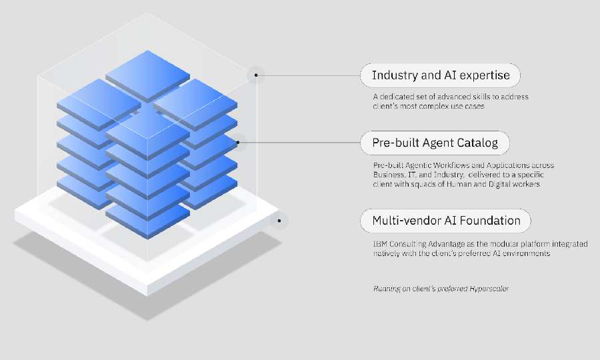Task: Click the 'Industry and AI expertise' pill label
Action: (x=440, y=75)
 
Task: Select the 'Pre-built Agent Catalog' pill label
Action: (x=435, y=143)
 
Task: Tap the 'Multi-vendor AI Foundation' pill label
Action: (x=445, y=221)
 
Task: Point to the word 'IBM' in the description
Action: (x=380, y=245)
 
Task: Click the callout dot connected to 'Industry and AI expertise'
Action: (x=256, y=75)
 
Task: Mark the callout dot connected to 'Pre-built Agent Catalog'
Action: (x=238, y=142)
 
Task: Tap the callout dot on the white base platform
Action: (x=280, y=220)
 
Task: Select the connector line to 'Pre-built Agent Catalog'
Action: (x=300, y=142)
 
